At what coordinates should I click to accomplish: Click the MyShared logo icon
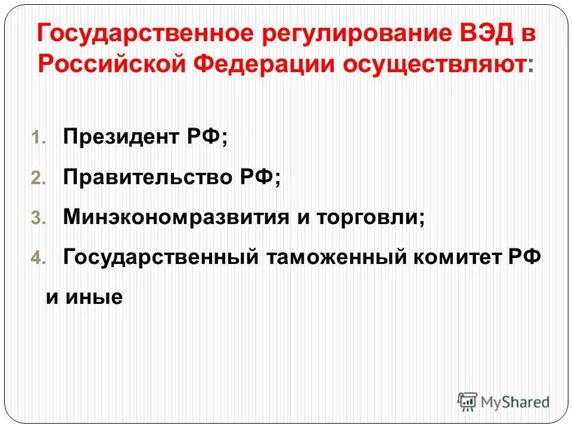pos(467,402)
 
